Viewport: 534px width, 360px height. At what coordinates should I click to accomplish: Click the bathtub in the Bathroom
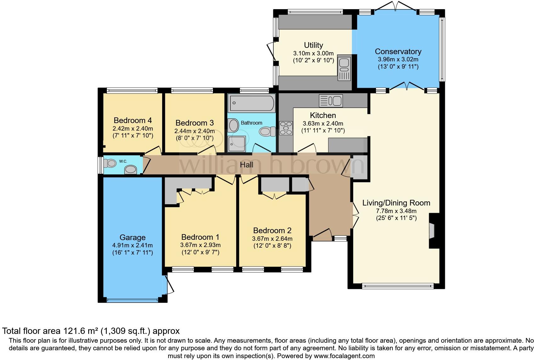(252, 103)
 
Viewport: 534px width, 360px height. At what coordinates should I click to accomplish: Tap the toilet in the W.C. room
(111, 163)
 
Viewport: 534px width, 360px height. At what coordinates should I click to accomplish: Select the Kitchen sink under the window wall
(331, 101)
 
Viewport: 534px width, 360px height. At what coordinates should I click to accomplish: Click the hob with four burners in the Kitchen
(286, 128)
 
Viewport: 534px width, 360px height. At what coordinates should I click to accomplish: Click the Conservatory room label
(398, 52)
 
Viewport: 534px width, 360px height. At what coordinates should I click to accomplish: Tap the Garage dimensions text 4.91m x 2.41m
(133, 245)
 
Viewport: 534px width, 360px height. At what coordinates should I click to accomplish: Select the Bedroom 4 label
(133, 120)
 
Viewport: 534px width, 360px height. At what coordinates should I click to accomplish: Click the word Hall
(247, 164)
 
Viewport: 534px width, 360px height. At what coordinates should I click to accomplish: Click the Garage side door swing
(169, 285)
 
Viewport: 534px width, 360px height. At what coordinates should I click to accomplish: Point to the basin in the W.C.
(130, 170)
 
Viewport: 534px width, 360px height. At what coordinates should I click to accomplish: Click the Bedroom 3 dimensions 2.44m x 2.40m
(195, 131)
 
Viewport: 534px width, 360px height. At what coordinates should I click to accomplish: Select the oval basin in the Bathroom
(234, 125)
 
